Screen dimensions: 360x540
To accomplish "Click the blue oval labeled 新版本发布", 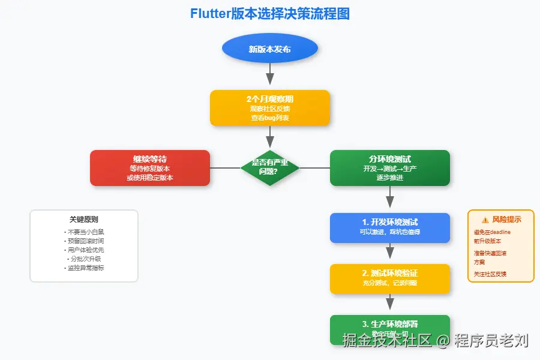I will pyautogui.click(x=269, y=49).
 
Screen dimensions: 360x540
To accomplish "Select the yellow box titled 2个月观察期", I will pyautogui.click(x=269, y=108).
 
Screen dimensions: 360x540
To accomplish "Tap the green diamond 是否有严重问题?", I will pyautogui.click(x=269, y=167).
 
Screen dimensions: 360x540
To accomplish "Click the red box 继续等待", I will pyautogui.click(x=149, y=168).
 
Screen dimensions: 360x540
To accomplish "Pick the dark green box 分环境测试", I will pyautogui.click(x=389, y=168).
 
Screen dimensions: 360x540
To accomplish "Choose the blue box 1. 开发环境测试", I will pyautogui.click(x=389, y=227).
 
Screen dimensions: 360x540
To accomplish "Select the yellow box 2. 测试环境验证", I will pyautogui.click(x=389, y=278).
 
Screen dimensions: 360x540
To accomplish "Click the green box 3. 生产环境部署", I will pyautogui.click(x=389, y=329).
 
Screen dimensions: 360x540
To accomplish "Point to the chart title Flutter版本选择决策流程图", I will pyautogui.click(x=269, y=14).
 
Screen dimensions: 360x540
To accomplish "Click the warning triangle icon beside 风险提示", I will pyautogui.click(x=485, y=220).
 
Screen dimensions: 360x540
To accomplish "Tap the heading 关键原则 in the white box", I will pyautogui.click(x=84, y=220).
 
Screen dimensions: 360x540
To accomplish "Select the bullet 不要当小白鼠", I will pyautogui.click(x=84, y=232).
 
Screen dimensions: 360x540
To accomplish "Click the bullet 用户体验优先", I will pyautogui.click(x=84, y=250).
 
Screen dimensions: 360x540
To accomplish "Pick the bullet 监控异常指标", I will pyautogui.click(x=84, y=268).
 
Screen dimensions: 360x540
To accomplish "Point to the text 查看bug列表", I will pyautogui.click(x=269, y=118).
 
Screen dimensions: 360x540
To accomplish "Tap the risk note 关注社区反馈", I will pyautogui.click(x=490, y=274).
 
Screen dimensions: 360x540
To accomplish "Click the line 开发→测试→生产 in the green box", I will pyautogui.click(x=389, y=169).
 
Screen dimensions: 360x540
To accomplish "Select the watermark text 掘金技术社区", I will pyautogui.click(x=386, y=341).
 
